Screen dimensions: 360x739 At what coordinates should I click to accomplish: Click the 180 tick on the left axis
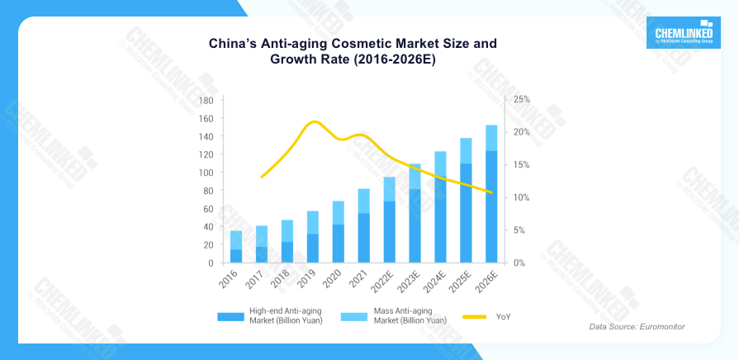(x=206, y=100)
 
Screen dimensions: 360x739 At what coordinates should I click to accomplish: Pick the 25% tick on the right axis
(x=521, y=99)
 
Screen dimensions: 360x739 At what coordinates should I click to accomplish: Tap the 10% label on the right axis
(x=521, y=197)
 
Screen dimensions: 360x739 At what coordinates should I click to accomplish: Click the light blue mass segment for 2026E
(x=491, y=138)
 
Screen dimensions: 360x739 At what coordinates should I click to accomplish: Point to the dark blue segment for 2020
(x=339, y=244)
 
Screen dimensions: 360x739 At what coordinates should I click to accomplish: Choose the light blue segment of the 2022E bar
(x=390, y=189)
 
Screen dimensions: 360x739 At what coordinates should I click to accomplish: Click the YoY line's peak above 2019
(x=313, y=122)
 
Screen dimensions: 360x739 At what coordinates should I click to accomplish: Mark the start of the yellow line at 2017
(x=262, y=177)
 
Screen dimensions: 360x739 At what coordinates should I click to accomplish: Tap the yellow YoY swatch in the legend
(x=474, y=316)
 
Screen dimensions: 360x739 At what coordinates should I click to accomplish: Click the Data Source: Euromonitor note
(x=637, y=328)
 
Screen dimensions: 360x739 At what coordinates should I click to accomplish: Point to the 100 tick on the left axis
(x=206, y=173)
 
